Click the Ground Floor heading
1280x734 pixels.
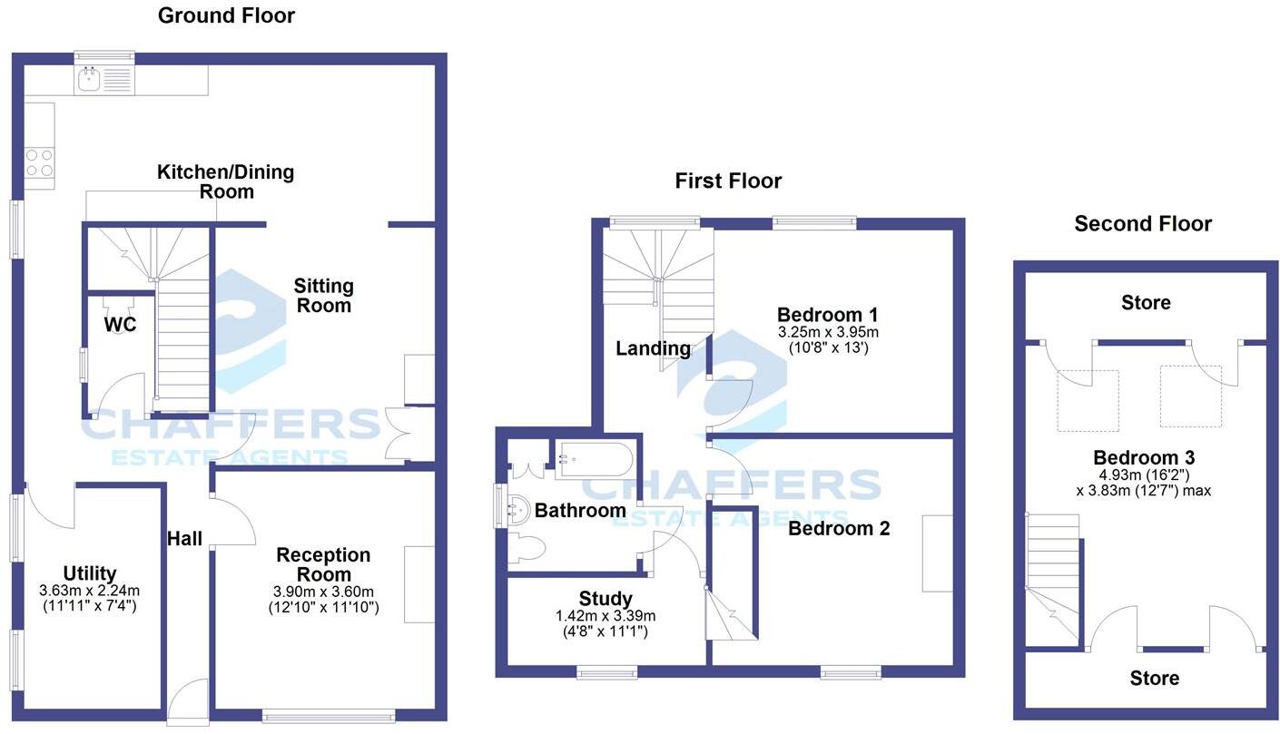coord(226,15)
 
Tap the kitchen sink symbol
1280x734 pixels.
coord(90,80)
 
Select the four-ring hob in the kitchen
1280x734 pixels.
coord(39,162)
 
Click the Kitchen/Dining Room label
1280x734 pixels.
coord(226,181)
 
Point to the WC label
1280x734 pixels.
coord(120,324)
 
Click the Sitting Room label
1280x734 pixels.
coord(323,296)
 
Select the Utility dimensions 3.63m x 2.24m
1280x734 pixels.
coord(90,591)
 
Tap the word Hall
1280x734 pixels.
coord(184,539)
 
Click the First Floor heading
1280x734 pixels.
coord(728,181)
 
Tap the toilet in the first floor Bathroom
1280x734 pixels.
coord(527,548)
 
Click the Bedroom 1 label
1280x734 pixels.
coord(828,315)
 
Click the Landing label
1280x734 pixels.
coord(653,347)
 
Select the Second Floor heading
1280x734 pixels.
coord(1143,224)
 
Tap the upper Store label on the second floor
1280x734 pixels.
coord(1146,302)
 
